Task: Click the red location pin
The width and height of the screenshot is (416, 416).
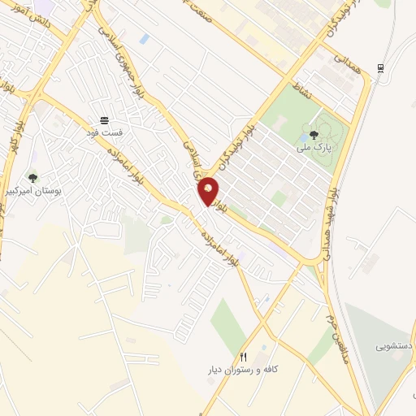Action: click(x=209, y=192)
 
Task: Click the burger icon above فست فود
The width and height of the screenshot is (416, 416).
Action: click(x=103, y=119)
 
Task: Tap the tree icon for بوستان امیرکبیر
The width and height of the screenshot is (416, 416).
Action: click(x=32, y=178)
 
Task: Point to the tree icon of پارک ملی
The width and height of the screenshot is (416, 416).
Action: click(x=314, y=135)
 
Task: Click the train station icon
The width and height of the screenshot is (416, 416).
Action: click(x=379, y=67)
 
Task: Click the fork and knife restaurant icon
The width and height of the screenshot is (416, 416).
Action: click(x=242, y=357)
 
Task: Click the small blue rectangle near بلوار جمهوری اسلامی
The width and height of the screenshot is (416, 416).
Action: click(x=144, y=39)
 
